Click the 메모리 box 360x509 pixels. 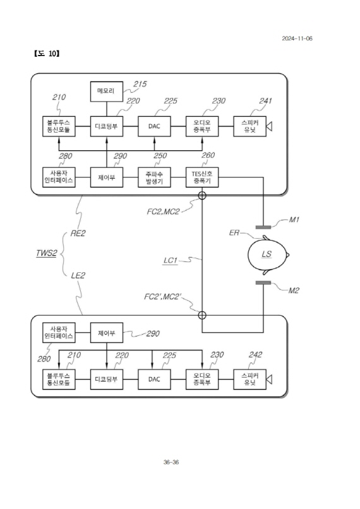(106, 91)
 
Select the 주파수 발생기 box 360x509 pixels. (154, 177)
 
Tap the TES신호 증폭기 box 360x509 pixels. (202, 177)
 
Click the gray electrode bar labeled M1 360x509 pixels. (263, 227)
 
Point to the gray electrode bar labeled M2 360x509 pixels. (263, 283)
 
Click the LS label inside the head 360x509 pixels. (267, 254)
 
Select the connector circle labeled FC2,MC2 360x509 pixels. (202, 195)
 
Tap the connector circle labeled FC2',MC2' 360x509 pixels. (202, 315)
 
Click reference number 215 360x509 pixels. (140, 84)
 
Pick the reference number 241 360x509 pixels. (265, 100)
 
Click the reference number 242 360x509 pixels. (255, 354)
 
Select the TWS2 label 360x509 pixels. (46, 253)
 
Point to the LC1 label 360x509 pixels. (171, 260)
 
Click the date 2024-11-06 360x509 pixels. (297, 39)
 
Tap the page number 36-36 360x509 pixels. (171, 462)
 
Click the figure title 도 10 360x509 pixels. (46, 54)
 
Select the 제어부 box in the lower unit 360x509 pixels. (106, 333)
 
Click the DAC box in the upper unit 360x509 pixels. (154, 126)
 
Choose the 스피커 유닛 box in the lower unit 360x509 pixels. (249, 379)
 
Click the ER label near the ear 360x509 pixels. (234, 233)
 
